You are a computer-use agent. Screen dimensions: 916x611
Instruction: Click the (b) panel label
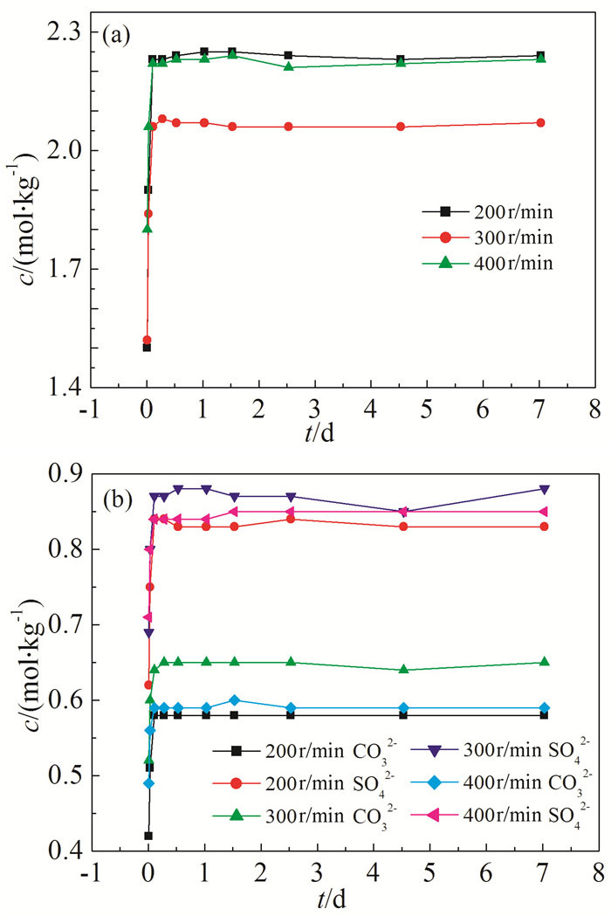(x=118, y=482)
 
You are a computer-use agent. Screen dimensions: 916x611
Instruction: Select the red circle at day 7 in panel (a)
(x=540, y=122)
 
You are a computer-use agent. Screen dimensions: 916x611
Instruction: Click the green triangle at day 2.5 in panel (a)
(x=288, y=66)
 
